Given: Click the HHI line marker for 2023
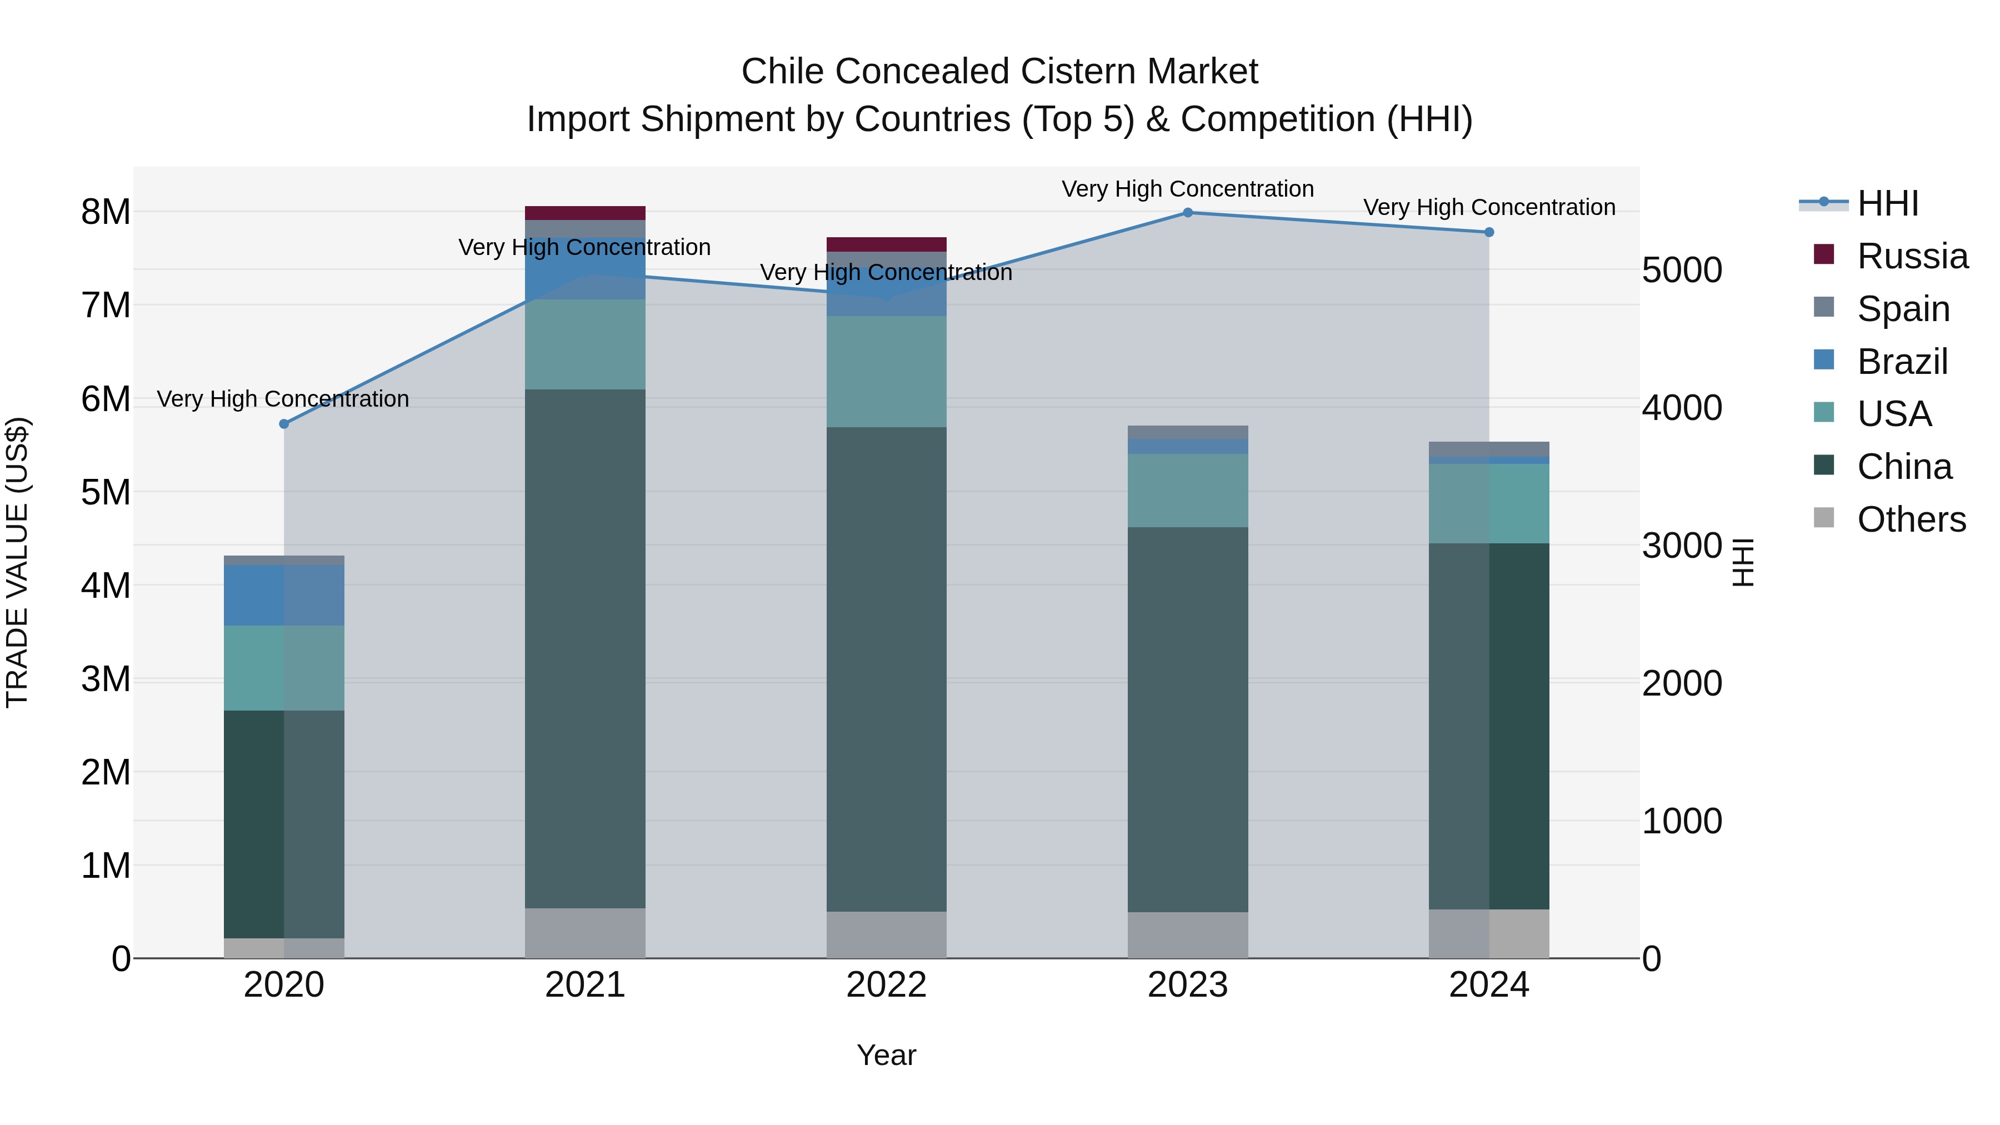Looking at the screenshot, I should point(1187,213).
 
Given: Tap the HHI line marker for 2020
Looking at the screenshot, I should point(284,424).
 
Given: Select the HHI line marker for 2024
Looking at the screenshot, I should point(1488,232).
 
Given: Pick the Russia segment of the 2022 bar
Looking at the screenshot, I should point(886,244).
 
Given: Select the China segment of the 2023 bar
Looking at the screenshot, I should point(1187,719).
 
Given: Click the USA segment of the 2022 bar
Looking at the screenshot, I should point(886,371).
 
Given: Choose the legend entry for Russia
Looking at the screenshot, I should point(1912,256).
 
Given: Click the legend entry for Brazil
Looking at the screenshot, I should point(1902,362).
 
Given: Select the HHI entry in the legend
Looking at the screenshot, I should point(1887,203).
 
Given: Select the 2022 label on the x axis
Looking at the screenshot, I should point(886,985).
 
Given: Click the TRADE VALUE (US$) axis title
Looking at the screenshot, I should point(17,562).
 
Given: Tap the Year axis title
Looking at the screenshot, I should point(886,1055).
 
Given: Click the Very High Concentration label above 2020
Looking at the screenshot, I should point(283,399).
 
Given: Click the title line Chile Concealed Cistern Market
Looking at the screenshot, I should point(999,72).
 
